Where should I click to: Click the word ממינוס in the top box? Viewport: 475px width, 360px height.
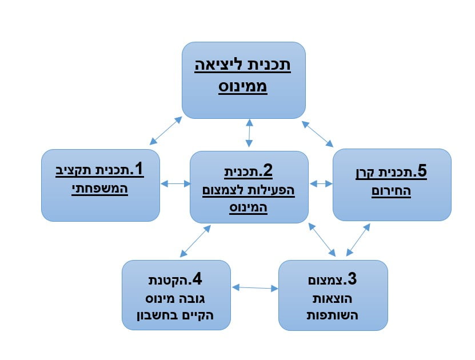point(244,89)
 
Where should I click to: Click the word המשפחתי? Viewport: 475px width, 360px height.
point(100,189)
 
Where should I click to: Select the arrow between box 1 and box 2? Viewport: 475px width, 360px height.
point(176,184)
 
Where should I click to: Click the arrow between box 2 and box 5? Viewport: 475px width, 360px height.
point(321,184)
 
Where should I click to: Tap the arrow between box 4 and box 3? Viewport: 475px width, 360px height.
point(255,288)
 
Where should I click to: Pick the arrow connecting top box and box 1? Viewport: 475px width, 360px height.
point(165,131)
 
